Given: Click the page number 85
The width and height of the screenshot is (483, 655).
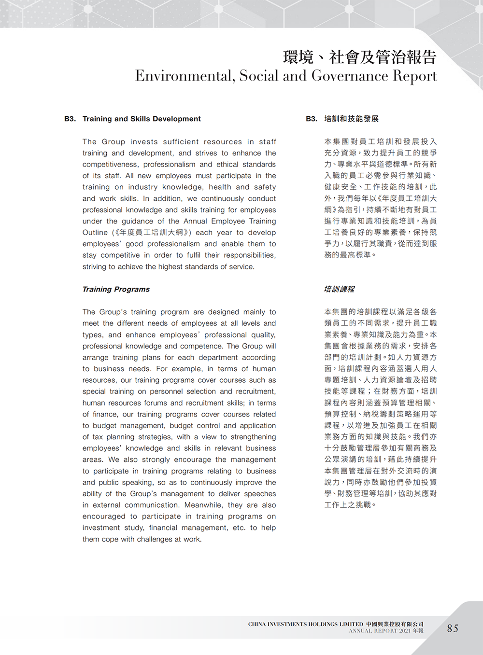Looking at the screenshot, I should (x=453, y=628).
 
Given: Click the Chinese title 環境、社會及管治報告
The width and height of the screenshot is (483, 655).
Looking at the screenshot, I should (x=360, y=57).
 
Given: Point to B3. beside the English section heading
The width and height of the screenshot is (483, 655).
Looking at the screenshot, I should (x=70, y=119).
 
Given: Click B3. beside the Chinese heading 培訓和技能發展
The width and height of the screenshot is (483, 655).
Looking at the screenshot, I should (x=312, y=119).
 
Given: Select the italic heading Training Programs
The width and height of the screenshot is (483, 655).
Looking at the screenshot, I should (x=116, y=289).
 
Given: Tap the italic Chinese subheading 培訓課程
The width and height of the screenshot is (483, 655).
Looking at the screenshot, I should (x=339, y=289).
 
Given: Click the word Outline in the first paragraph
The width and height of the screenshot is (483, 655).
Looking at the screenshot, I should (x=95, y=233).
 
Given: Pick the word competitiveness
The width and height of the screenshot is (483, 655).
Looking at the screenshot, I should (x=110, y=165).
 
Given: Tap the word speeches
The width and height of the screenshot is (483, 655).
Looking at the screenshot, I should (x=260, y=494).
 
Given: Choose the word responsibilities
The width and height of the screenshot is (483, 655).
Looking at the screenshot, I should (x=250, y=255).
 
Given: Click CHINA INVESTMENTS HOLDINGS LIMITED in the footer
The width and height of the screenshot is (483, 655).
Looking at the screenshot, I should (x=305, y=624).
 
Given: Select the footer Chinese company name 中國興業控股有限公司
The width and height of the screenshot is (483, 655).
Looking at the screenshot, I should (x=395, y=624).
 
